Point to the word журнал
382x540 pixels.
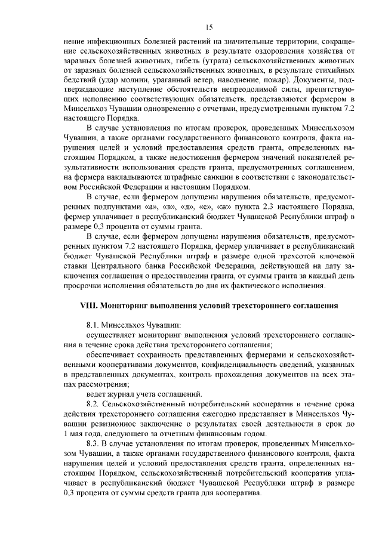pyautogui.click(x=116, y=394)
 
